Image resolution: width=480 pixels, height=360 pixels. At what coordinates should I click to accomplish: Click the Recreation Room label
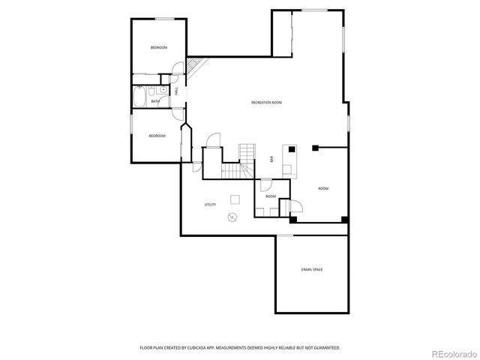click(x=266, y=102)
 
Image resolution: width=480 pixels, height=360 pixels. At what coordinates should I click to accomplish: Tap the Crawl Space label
click(x=312, y=268)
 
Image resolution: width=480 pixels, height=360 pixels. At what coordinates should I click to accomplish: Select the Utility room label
click(x=211, y=205)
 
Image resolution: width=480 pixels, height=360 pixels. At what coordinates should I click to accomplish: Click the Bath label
click(x=155, y=101)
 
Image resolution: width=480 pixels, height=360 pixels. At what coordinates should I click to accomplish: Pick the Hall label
click(x=176, y=91)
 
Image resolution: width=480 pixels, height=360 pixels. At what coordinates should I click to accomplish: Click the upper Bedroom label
click(x=158, y=48)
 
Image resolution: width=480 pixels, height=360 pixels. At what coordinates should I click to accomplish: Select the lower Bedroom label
click(x=156, y=136)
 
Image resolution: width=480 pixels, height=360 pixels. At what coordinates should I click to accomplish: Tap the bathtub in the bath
click(x=140, y=97)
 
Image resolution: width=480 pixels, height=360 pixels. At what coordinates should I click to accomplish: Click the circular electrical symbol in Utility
click(x=232, y=217)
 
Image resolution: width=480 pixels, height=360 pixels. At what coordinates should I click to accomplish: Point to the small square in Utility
click(x=235, y=199)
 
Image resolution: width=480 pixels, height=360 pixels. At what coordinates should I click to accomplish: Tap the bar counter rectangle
click(x=289, y=159)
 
